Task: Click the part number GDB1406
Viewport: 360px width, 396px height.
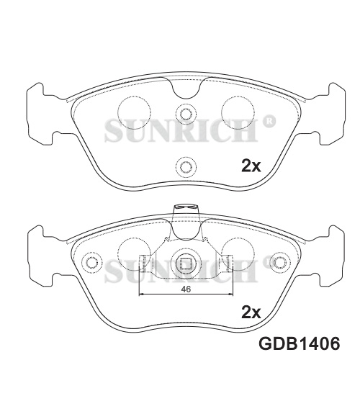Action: [x=299, y=343]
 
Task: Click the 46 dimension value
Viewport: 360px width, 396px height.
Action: [x=186, y=289]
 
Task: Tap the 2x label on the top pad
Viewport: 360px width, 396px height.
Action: [x=251, y=166]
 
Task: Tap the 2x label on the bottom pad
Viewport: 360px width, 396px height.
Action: [x=251, y=312]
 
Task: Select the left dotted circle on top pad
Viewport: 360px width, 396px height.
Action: [x=135, y=112]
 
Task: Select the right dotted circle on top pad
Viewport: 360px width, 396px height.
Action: [x=238, y=112]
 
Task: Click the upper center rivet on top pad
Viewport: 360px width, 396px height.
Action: [x=186, y=114]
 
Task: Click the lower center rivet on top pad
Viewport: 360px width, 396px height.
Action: [x=186, y=167]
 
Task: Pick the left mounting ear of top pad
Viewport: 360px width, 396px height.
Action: [x=40, y=114]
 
